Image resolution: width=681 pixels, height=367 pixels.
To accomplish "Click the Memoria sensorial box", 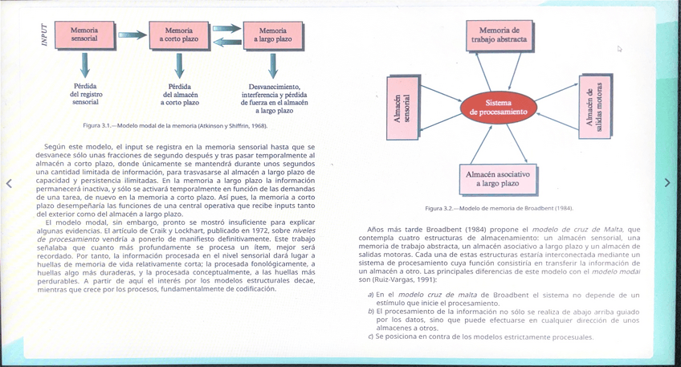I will click(84, 35).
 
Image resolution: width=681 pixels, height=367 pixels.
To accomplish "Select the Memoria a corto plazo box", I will click(179, 35).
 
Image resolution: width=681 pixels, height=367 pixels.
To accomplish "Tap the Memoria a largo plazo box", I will click(273, 35).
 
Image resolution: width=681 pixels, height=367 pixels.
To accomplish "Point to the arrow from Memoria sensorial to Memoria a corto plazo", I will click(133, 35).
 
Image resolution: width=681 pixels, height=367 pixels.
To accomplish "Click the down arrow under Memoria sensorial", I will click(85, 65).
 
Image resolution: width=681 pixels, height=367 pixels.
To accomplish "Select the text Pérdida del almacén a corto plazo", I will click(179, 95).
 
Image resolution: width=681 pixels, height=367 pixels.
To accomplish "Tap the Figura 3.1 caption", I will click(174, 126).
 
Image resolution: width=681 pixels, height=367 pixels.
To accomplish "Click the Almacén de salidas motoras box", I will click(594, 106).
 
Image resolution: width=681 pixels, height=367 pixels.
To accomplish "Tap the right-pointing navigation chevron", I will click(667, 184).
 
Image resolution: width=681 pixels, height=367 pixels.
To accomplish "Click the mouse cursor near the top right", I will click(619, 48).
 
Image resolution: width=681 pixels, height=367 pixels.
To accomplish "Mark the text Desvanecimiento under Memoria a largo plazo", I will click(274, 86).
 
